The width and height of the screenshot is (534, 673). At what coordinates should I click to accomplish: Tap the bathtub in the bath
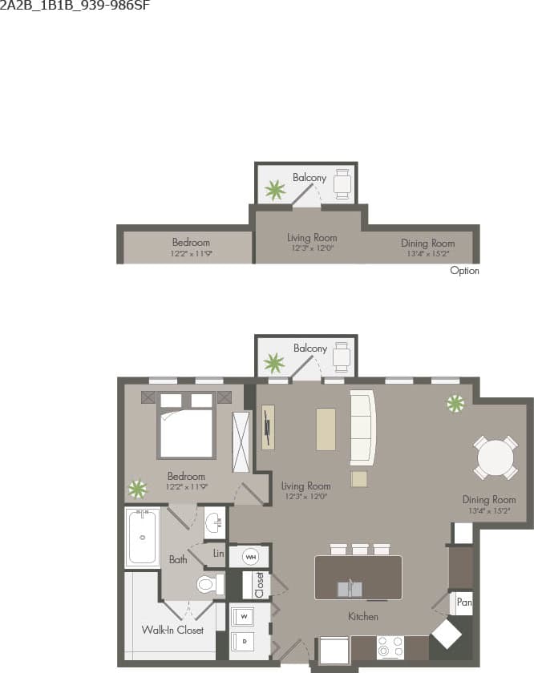tap(143, 537)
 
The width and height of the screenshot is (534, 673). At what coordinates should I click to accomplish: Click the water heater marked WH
tap(250, 556)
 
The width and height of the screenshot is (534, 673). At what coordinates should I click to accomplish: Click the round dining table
tap(495, 457)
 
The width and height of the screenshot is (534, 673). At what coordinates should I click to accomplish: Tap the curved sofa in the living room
tap(363, 428)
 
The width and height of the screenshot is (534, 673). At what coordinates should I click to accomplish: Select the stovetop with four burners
tap(390, 646)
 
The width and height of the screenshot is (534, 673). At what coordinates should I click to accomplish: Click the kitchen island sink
tap(350, 589)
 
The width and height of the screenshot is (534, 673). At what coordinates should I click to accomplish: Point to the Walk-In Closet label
tap(172, 630)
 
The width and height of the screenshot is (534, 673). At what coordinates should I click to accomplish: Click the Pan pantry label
tap(463, 602)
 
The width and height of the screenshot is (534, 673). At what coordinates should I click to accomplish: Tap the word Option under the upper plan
tap(464, 271)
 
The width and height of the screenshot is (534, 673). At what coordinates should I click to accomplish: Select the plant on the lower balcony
tap(274, 364)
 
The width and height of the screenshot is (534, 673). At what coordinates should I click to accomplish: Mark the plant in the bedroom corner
tap(138, 488)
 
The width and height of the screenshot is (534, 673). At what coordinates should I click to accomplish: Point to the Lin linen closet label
tap(218, 553)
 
